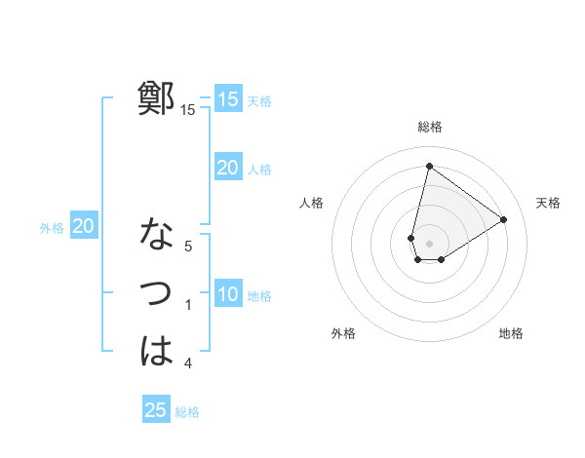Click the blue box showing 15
click(x=227, y=99)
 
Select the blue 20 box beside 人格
click(x=227, y=168)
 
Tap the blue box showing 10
click(x=227, y=294)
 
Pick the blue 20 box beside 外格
click(x=84, y=226)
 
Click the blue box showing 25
click(x=156, y=410)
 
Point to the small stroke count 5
click(x=188, y=247)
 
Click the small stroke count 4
click(x=188, y=363)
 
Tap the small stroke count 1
click(x=188, y=305)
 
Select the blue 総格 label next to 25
click(x=187, y=412)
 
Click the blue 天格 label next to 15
click(x=259, y=101)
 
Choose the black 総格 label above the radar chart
click(x=430, y=127)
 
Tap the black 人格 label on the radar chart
click(x=312, y=203)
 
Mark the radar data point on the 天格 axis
click(x=504, y=219)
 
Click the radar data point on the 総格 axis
click(x=429, y=166)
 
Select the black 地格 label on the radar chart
click(x=511, y=333)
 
